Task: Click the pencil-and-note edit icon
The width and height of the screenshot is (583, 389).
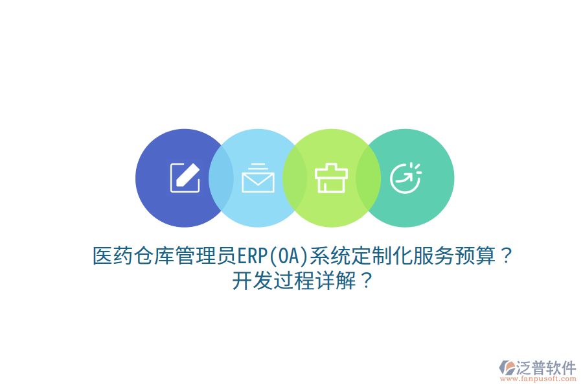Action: click(x=185, y=177)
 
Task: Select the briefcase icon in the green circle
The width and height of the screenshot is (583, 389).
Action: click(x=331, y=178)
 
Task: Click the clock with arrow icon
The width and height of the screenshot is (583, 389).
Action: click(x=405, y=178)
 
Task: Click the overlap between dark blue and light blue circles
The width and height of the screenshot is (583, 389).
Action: click(x=221, y=178)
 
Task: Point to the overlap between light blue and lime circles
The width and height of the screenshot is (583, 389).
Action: click(x=295, y=178)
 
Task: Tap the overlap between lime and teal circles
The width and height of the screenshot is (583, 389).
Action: click(x=368, y=178)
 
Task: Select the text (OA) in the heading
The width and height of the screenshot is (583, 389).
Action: click(x=287, y=257)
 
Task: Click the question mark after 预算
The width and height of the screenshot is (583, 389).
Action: click(x=507, y=257)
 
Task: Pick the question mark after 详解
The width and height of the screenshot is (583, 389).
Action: click(x=366, y=281)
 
